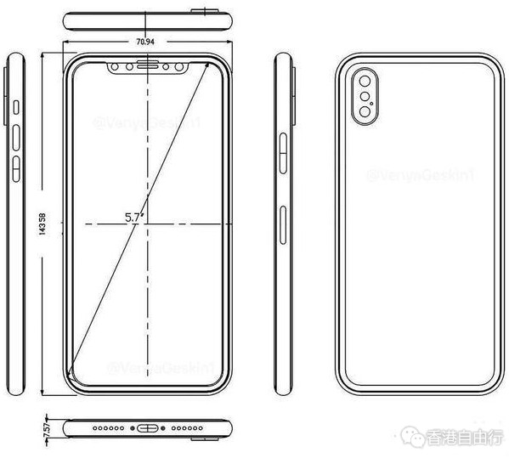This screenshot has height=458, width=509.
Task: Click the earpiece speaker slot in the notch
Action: click(x=150, y=65)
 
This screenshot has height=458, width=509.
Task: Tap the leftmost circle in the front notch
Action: click(x=114, y=65)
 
